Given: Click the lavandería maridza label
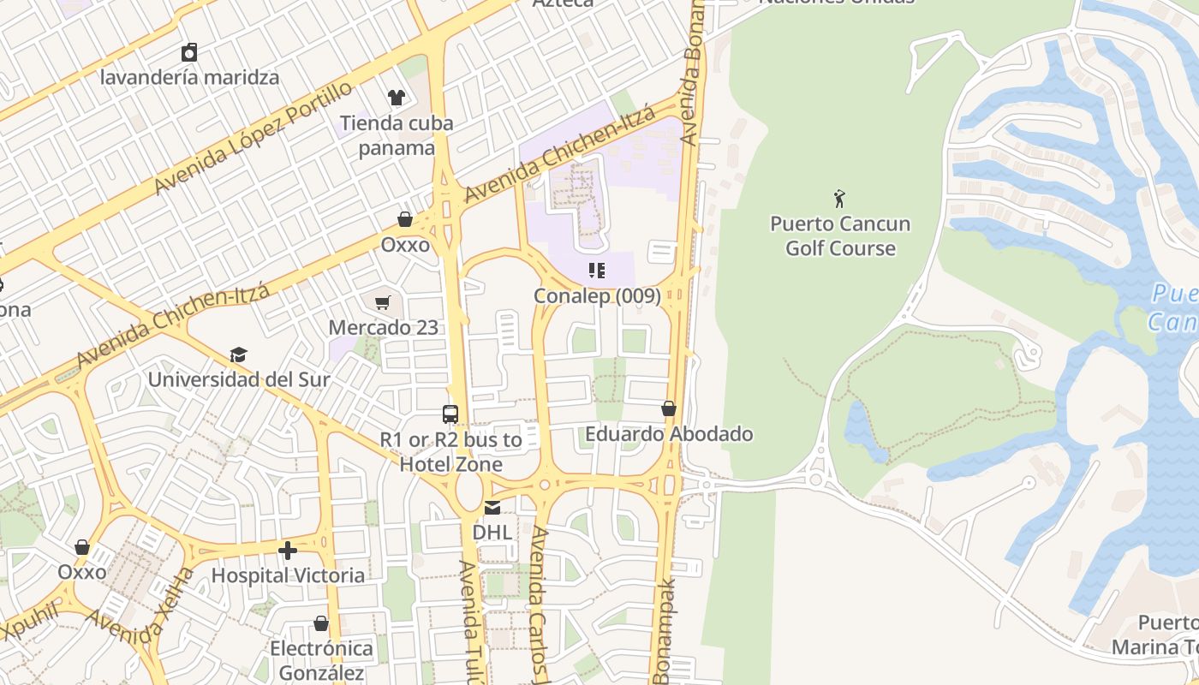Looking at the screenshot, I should click(189, 77).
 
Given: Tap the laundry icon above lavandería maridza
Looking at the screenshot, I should click(189, 52).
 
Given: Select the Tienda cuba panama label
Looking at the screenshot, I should click(397, 135).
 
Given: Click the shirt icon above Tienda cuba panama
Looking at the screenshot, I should click(396, 98).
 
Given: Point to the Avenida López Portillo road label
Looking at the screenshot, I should click(254, 138).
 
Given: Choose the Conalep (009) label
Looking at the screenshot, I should click(597, 296).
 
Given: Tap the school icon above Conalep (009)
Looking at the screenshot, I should click(597, 271).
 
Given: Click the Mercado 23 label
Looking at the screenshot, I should click(383, 327).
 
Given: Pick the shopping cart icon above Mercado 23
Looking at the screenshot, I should click(383, 302).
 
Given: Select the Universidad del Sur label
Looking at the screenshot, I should click(239, 378).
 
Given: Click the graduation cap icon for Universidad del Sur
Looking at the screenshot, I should click(238, 354).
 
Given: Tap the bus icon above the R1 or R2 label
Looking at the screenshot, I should click(450, 414).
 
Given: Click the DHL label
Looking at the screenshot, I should click(492, 533).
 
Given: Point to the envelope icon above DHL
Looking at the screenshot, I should click(492, 508).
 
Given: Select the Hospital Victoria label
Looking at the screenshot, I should click(288, 575).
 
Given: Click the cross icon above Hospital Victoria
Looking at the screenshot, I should click(288, 550).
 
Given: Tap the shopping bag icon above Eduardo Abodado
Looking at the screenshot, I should click(669, 409).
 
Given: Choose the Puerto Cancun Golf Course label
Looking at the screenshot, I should click(840, 236).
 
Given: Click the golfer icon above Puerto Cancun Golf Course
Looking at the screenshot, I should click(839, 199).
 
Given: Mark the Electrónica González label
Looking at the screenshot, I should click(321, 661).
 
